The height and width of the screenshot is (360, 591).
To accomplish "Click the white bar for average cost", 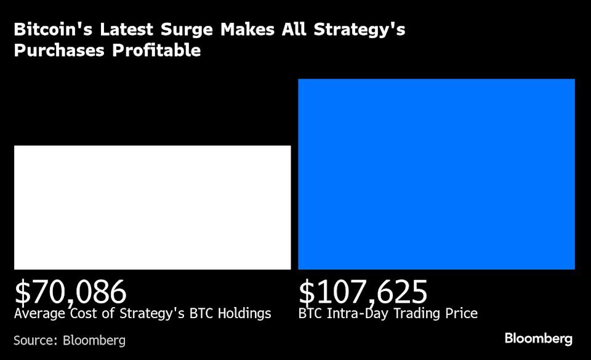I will tap(152, 207).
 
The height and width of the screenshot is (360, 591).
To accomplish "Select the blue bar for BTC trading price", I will tap(436, 174).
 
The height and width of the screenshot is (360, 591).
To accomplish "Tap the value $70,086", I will tap(70, 292).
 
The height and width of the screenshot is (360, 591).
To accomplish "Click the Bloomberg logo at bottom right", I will tap(539, 338).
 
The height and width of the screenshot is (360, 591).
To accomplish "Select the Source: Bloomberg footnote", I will tap(70, 340).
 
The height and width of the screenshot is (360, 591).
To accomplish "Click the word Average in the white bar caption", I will tap(39, 314).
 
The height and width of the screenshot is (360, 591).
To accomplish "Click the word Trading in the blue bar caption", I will tap(414, 314).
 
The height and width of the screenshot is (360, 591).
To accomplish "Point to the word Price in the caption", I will tap(461, 314).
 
